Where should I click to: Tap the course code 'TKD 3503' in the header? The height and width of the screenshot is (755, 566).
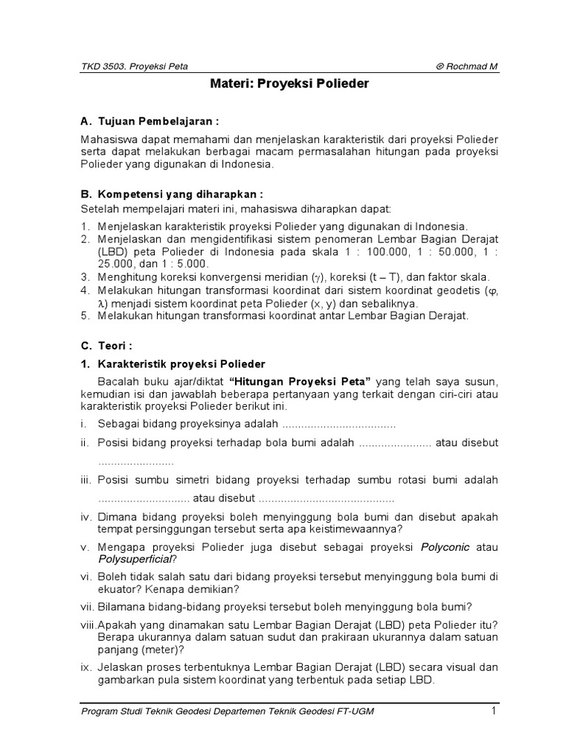click(100, 66)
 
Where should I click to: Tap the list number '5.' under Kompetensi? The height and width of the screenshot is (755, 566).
click(85, 316)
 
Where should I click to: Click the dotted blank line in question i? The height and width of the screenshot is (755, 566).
click(339, 425)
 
